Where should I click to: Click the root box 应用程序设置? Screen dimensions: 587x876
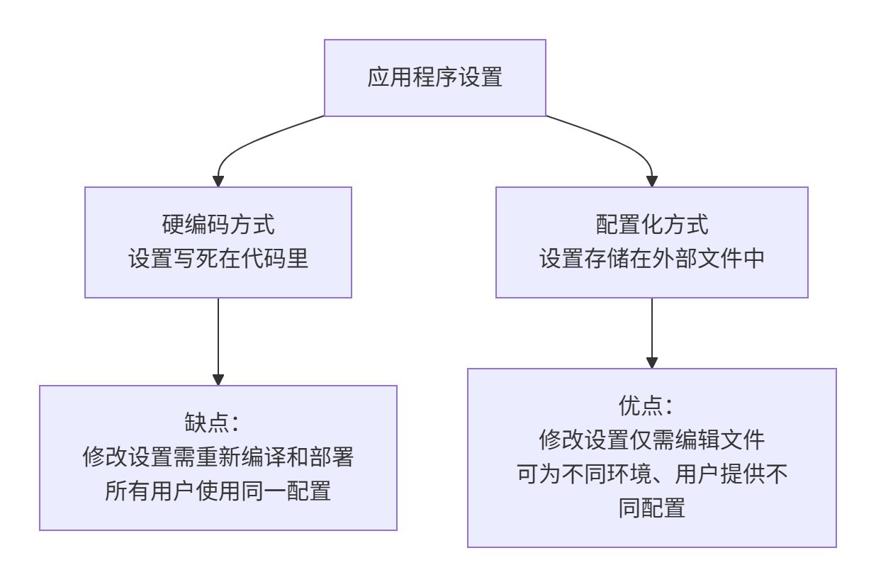[434, 77]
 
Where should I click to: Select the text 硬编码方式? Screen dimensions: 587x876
[218, 225]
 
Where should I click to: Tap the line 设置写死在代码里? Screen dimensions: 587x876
[218, 259]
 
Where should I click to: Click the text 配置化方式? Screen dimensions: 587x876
[651, 225]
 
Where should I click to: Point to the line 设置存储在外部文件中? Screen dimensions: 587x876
[651, 259]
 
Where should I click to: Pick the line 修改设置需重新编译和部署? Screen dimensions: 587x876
[218, 457]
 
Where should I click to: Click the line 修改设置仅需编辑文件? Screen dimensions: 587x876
[651, 440]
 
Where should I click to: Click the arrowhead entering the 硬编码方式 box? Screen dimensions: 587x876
[218, 181]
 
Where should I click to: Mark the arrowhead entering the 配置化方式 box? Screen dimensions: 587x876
[652, 181]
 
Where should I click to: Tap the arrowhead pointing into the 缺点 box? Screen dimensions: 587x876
[218, 380]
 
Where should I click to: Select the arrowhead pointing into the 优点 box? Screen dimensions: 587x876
[652, 363]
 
